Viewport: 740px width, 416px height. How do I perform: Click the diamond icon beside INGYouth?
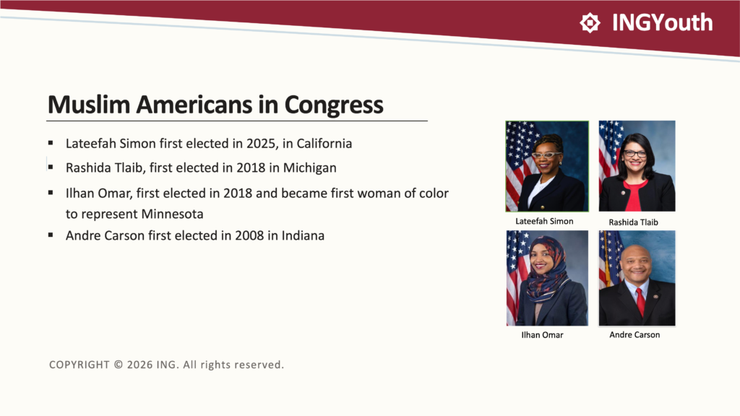tap(590, 22)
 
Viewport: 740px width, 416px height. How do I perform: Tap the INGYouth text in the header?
tap(662, 22)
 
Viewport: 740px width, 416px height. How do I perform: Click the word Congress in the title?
tap(334, 105)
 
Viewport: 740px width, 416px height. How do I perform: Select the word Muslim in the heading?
tap(89, 104)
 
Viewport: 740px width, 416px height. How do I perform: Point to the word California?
tap(324, 144)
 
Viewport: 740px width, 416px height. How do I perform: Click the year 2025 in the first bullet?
tap(262, 144)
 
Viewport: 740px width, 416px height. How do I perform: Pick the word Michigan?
tap(309, 168)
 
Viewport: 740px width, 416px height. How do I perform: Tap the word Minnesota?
tap(172, 214)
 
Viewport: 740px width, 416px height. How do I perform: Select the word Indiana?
tap(303, 235)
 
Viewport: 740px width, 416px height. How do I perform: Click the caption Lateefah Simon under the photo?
tap(544, 221)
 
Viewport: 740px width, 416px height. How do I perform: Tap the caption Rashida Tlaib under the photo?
tap(633, 222)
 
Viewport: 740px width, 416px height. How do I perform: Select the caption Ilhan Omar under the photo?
tap(542, 335)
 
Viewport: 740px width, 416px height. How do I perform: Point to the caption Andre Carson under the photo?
tap(634, 334)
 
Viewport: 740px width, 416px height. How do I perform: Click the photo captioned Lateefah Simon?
tap(547, 166)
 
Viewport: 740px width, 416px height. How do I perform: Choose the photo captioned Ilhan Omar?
tap(548, 278)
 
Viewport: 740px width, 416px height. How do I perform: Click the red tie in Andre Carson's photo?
tap(640, 301)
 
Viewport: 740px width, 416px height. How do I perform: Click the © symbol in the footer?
tap(119, 365)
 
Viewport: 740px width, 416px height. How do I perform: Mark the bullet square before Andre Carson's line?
tap(51, 235)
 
